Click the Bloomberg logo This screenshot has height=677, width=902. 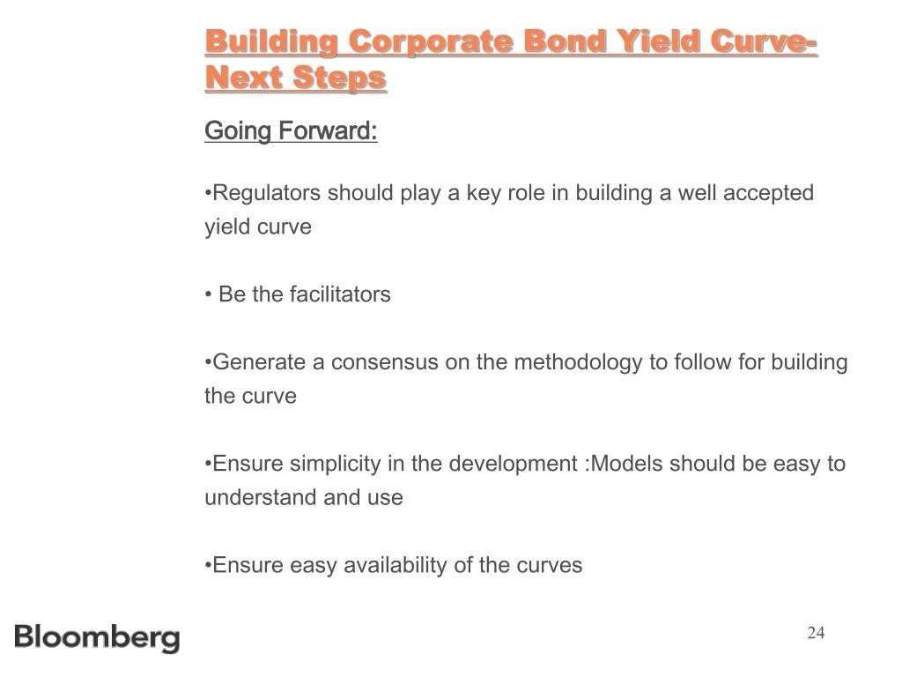point(97,638)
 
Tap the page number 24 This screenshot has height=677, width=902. point(816,633)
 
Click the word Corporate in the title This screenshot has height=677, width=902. point(430,42)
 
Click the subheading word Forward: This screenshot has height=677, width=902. point(328,130)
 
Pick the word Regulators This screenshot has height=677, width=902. point(266,193)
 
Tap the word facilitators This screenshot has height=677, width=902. point(341,294)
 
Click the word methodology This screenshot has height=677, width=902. point(578,363)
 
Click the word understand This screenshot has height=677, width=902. point(261,497)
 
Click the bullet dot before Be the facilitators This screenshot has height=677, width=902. point(208,295)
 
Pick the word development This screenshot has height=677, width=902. point(514,465)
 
